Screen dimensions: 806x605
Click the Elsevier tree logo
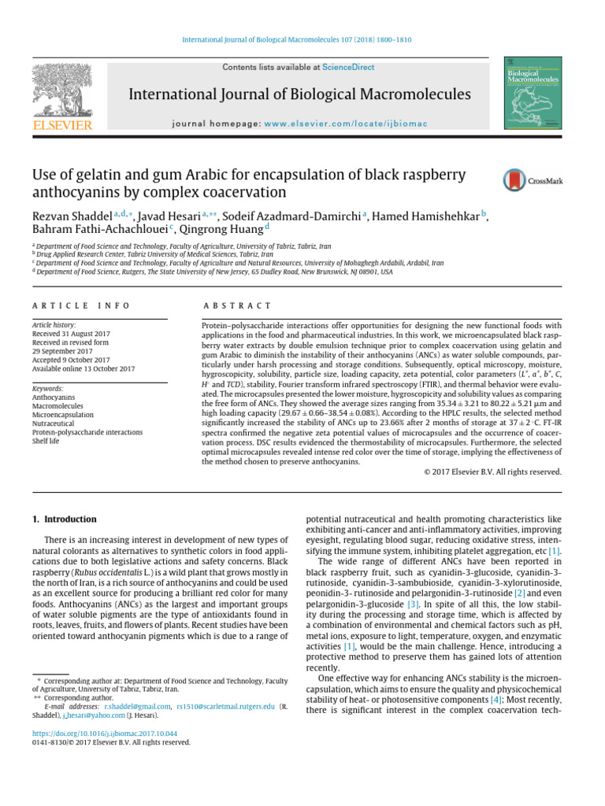pyautogui.click(x=62, y=94)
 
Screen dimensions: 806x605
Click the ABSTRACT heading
pyautogui.click(x=236, y=305)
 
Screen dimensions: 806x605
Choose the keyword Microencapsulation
pyautogui.click(x=63, y=414)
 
